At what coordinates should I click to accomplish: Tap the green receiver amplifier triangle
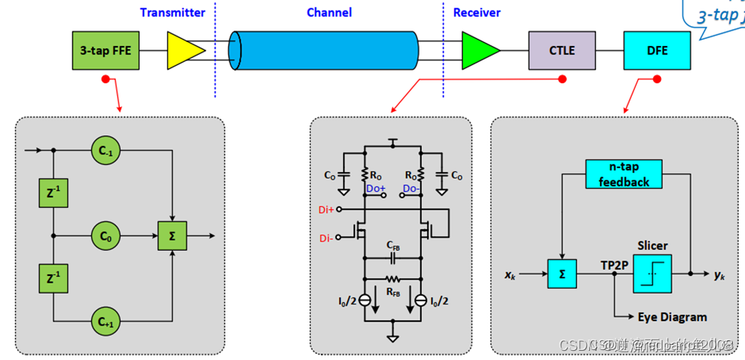[x=478, y=50]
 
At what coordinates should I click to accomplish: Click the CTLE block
[x=562, y=50]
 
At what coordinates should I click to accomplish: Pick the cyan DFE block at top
[x=656, y=50]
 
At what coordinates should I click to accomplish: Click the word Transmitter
[x=173, y=12]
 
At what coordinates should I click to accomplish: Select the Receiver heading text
[x=477, y=12]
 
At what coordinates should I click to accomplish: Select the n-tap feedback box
[x=624, y=175]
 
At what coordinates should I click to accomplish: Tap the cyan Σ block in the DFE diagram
[x=562, y=274]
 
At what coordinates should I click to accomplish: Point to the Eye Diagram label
[x=672, y=316]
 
